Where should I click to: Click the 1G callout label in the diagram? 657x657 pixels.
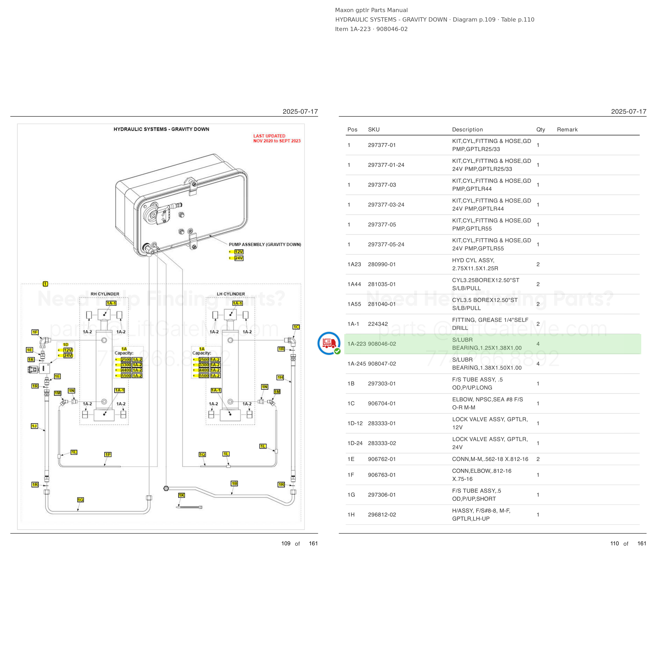coord(80,500)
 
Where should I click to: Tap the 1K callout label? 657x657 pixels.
coord(182,495)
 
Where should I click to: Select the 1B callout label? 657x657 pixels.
coord(234,483)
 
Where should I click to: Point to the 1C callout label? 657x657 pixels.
coord(296,327)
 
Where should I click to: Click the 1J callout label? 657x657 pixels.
coord(34,426)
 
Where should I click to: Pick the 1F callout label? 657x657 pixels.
coord(35,332)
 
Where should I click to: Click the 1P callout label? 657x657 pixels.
coord(108,454)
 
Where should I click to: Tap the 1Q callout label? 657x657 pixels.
coord(202,454)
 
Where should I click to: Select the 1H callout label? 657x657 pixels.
coord(280,377)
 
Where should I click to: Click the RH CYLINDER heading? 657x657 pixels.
coord(105,294)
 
